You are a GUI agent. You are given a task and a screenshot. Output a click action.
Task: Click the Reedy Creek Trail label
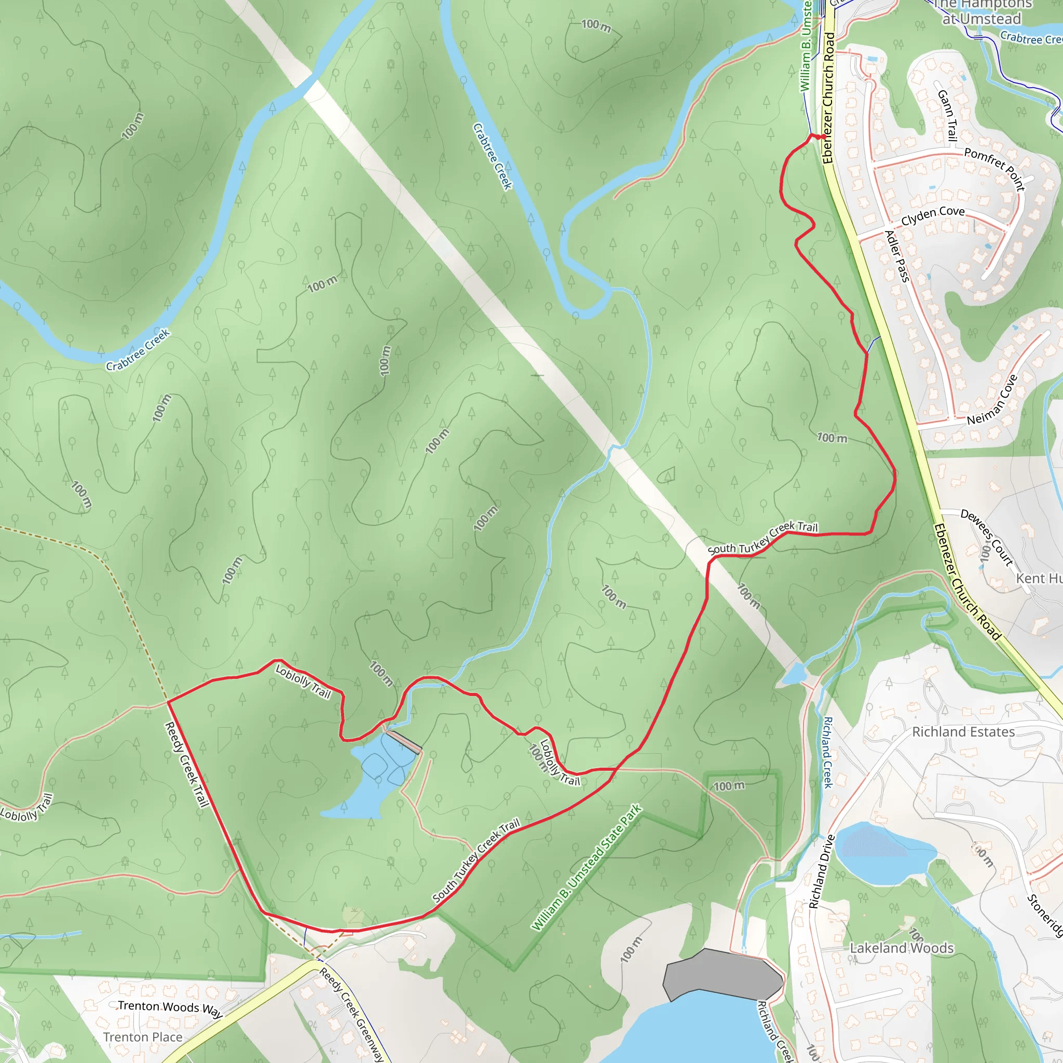click(x=187, y=765)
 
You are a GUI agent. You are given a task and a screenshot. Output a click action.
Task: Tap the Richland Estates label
click(x=963, y=732)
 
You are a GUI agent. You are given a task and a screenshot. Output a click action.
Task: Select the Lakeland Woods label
click(x=902, y=948)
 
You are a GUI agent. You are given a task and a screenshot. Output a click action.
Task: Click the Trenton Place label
click(x=143, y=1037)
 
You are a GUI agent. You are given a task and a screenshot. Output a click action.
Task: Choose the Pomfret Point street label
click(x=995, y=168)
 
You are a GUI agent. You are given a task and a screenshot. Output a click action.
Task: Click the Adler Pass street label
click(x=896, y=256)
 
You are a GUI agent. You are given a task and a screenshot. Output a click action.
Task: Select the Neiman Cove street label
click(x=992, y=400)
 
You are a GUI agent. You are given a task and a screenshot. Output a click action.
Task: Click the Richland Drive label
click(x=822, y=871)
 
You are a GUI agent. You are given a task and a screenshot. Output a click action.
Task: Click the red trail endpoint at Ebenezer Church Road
click(x=819, y=137)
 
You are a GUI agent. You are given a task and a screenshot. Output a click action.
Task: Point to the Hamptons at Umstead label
click(x=982, y=12)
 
